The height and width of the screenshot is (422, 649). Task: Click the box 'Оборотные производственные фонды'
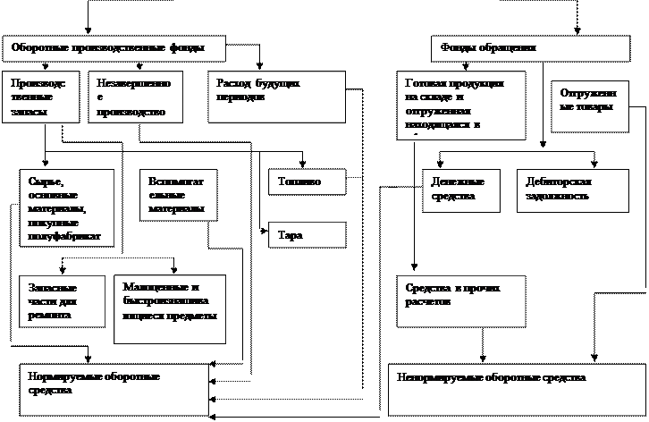pos(114,48)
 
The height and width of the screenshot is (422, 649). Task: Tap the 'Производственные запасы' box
pos(41,97)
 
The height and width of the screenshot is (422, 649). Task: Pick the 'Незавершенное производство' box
pos(135,97)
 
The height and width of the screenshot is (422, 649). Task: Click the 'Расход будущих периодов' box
pos(276,97)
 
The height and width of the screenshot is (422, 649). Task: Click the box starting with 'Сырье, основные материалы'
pos(66,207)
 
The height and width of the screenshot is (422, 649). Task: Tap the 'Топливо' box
pos(307,181)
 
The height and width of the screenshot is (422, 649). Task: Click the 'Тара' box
pos(307,235)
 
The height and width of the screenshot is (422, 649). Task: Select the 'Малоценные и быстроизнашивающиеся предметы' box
pos(170,308)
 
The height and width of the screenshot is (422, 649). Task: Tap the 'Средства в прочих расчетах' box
pos(460,300)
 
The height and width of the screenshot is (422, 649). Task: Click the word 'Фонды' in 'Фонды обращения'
pos(457,47)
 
